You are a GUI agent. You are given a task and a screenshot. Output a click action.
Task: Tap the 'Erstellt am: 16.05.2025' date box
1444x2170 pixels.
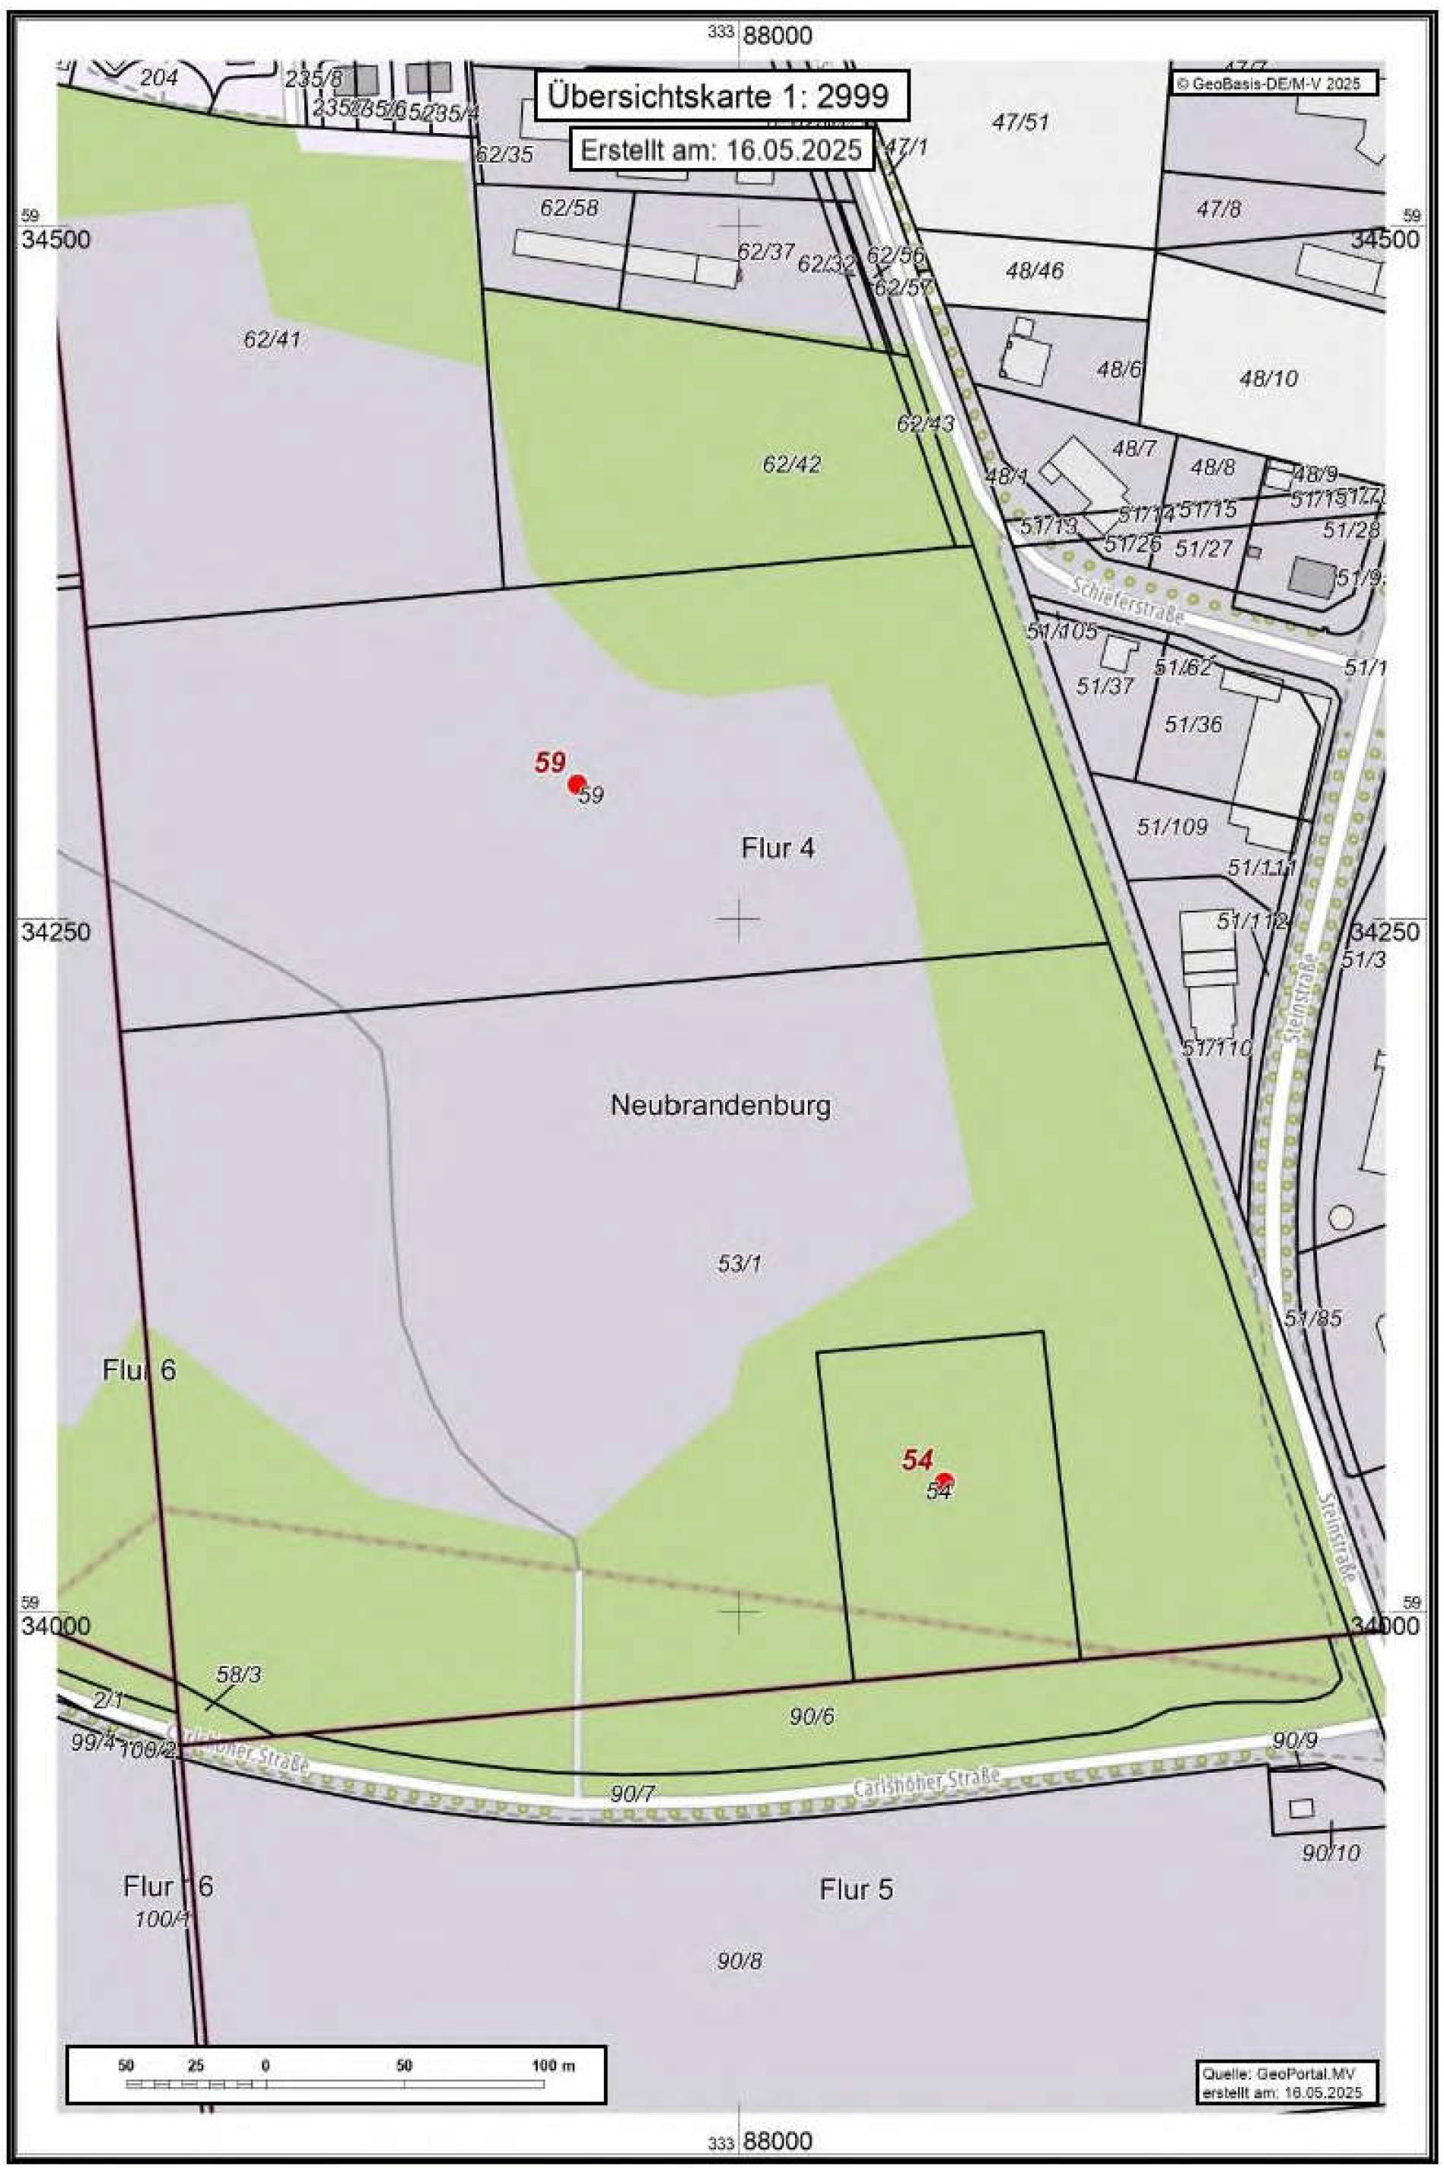721,149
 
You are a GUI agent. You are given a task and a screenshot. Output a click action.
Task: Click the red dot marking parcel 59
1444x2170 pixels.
577,784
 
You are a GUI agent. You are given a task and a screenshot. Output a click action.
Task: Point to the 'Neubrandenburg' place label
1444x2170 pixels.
720,1106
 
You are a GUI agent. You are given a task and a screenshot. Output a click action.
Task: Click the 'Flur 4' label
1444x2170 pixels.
778,848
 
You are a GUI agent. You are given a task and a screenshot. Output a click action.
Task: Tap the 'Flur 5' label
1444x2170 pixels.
856,1890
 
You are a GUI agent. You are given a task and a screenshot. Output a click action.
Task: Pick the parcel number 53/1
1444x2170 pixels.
739,1265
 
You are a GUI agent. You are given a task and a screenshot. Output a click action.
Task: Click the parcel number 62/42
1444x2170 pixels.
791,464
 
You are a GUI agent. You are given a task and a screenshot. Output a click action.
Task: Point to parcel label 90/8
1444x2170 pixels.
739,1961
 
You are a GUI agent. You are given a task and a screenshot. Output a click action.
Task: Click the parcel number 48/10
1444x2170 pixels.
1268,377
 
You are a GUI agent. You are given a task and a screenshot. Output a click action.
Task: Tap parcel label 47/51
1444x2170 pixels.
1020,123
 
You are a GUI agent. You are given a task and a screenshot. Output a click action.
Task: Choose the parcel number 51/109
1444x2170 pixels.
1172,827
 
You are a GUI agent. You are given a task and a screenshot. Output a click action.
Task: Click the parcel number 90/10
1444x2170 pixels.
1331,1852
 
